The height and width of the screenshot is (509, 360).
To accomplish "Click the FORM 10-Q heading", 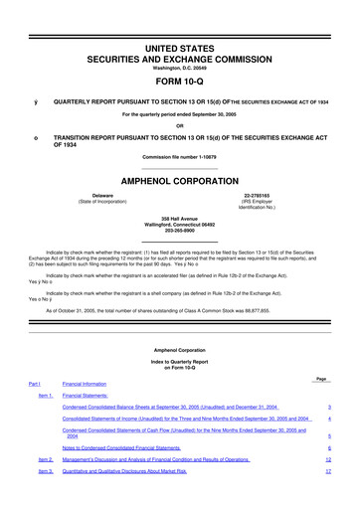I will [180, 84].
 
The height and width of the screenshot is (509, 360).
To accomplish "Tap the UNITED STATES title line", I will [180, 48].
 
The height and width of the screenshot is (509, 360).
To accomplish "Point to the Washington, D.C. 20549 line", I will [180, 70].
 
